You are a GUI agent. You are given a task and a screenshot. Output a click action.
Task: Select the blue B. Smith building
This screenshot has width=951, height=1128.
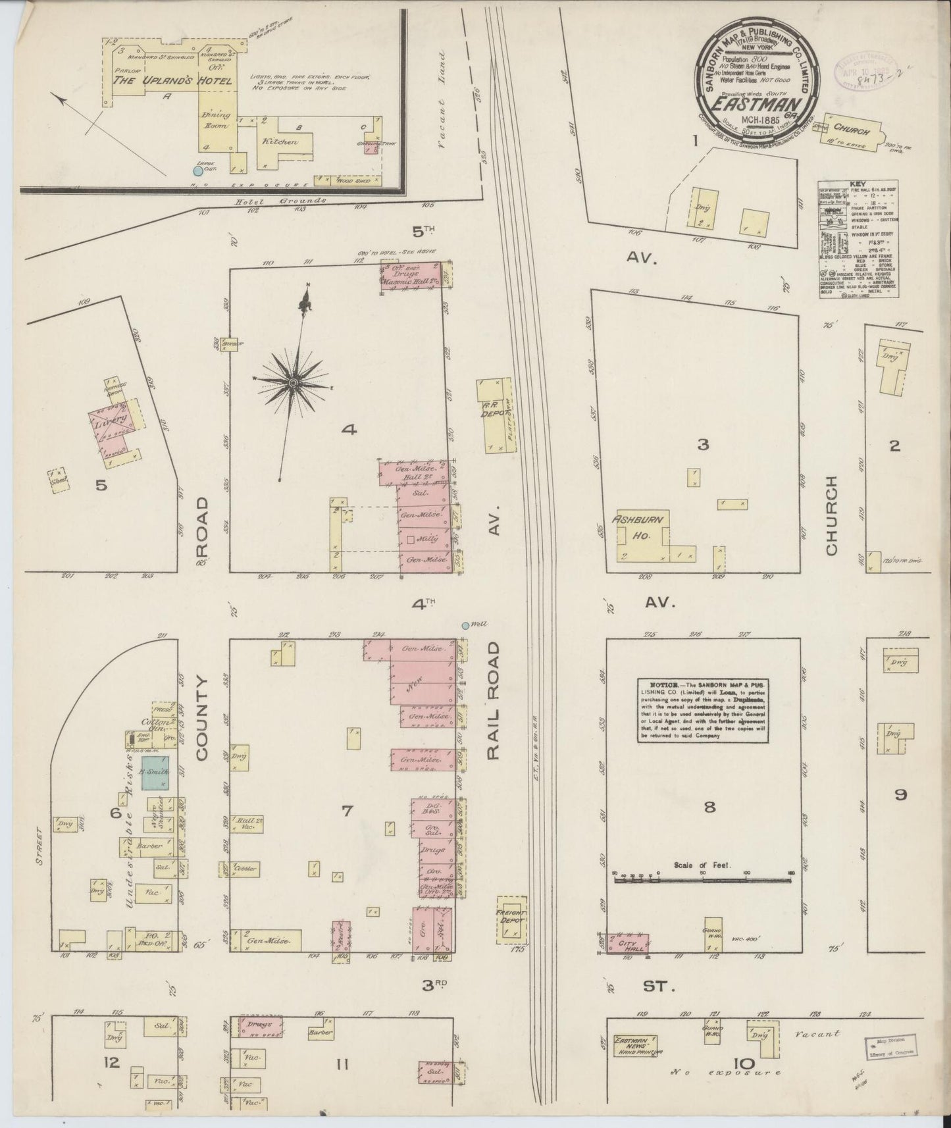[156, 772]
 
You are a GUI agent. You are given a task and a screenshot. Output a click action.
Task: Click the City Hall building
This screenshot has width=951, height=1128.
[629, 942]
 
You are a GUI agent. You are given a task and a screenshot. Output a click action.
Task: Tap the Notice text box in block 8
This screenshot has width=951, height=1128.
[703, 710]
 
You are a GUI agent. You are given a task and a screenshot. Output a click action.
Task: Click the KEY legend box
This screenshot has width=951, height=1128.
[859, 240]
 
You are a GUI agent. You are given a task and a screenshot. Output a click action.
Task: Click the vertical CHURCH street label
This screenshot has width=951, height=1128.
[831, 516]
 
